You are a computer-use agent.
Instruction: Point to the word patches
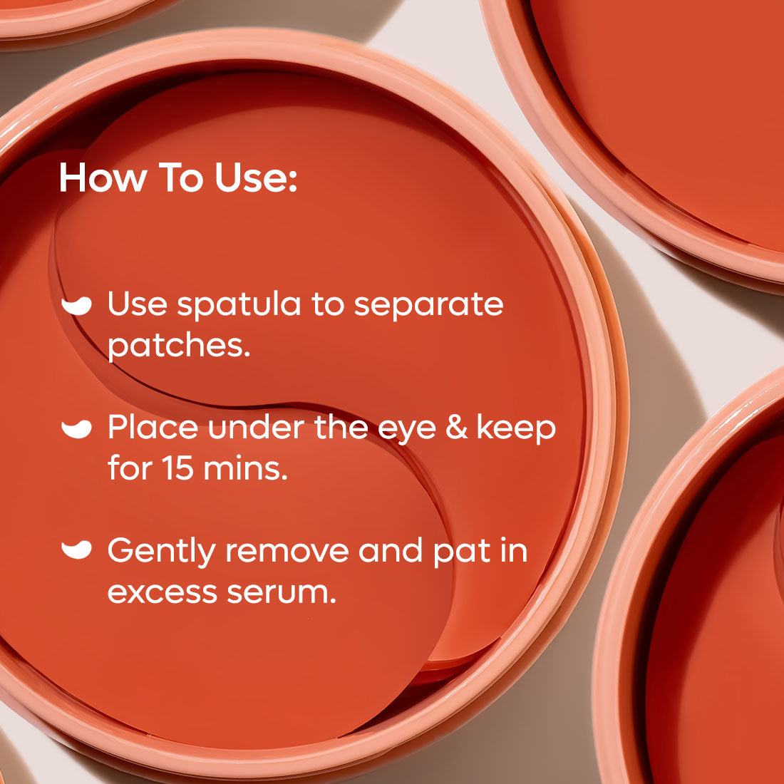(179, 346)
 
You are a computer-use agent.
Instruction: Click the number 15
(178, 468)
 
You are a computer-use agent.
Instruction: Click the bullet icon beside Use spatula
(76, 305)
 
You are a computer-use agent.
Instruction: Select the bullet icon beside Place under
(76, 428)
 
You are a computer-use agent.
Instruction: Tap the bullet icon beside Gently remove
(76, 550)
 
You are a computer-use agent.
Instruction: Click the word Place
(153, 428)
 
